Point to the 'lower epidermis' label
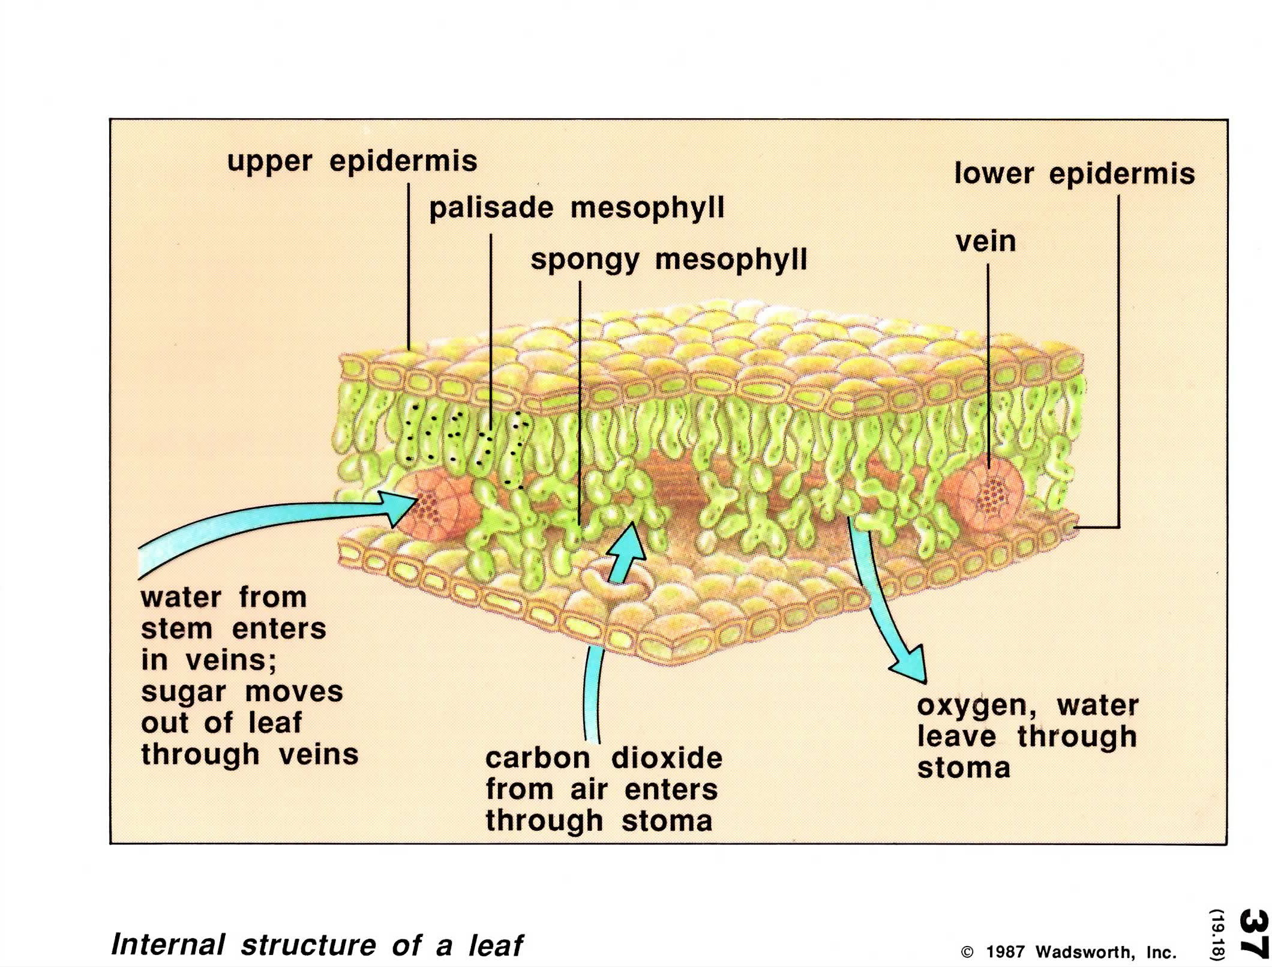pos(1075,175)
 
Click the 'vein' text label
pos(986,242)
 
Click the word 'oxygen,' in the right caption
pos(977,707)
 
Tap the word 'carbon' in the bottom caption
pos(538,758)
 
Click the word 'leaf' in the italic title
pos(496,944)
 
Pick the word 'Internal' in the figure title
pos(169,944)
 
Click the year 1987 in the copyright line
pos(1006,952)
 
